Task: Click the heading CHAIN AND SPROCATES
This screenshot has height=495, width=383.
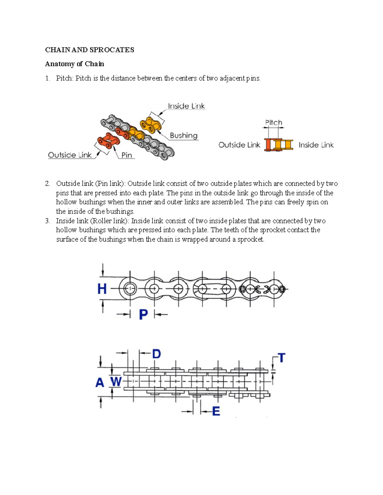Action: coord(89,50)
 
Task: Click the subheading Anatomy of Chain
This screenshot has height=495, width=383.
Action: coord(74,64)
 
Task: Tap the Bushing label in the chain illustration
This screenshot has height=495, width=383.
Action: coord(184,135)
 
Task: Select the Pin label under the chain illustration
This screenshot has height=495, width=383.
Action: coord(127,155)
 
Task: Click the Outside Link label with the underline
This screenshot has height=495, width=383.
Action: coord(70,155)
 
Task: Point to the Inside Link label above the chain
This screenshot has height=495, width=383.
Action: coord(186,106)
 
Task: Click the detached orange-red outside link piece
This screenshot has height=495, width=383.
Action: coord(109,141)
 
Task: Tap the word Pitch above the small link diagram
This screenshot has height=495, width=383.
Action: coord(274,123)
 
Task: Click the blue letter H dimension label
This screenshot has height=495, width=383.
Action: coord(102,289)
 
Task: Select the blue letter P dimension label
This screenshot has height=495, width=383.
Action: coord(143,315)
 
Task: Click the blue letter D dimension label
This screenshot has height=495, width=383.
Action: coord(156,354)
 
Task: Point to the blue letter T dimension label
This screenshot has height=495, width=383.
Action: coord(281,358)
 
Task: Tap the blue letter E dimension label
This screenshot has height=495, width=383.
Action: coord(216,411)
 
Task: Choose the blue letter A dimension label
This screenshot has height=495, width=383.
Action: coord(100,382)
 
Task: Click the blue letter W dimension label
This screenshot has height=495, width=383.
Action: coord(116,381)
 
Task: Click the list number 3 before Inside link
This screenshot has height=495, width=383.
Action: coord(47,221)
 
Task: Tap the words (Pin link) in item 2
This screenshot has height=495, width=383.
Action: coord(110,184)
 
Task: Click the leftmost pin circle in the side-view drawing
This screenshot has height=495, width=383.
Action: coord(130,289)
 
